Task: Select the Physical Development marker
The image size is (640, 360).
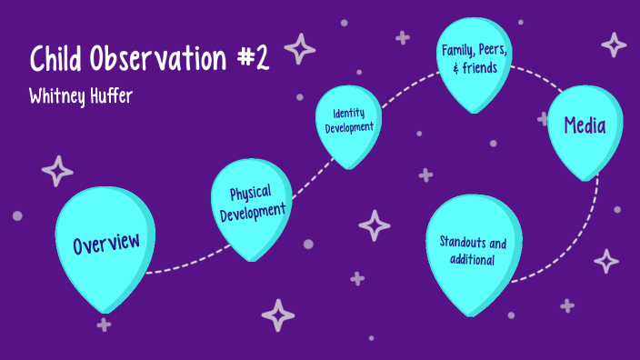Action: pos(251,205)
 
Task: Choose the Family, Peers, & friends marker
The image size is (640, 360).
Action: pos(473,58)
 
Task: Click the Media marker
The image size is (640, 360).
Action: pos(584,127)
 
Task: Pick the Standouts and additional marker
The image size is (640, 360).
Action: pos(475,252)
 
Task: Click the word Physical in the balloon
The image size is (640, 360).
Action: pos(250,194)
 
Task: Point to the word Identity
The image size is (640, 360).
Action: pos(349,114)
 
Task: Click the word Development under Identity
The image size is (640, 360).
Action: pos(349,128)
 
